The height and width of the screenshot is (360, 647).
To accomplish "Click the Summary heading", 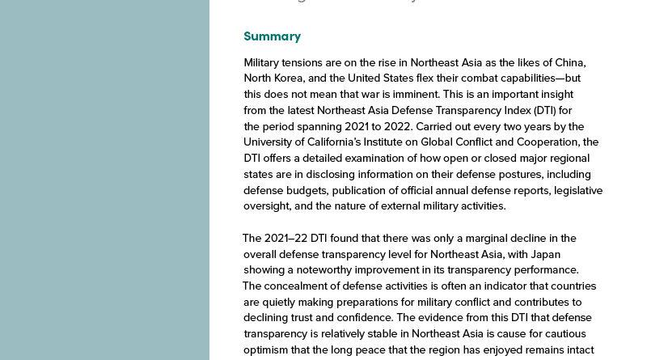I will pos(272,36).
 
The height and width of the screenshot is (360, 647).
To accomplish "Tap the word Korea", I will pos(293,78).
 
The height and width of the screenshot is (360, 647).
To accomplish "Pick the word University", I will pos(270,142).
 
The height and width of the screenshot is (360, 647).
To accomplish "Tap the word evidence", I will pos(446,317).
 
